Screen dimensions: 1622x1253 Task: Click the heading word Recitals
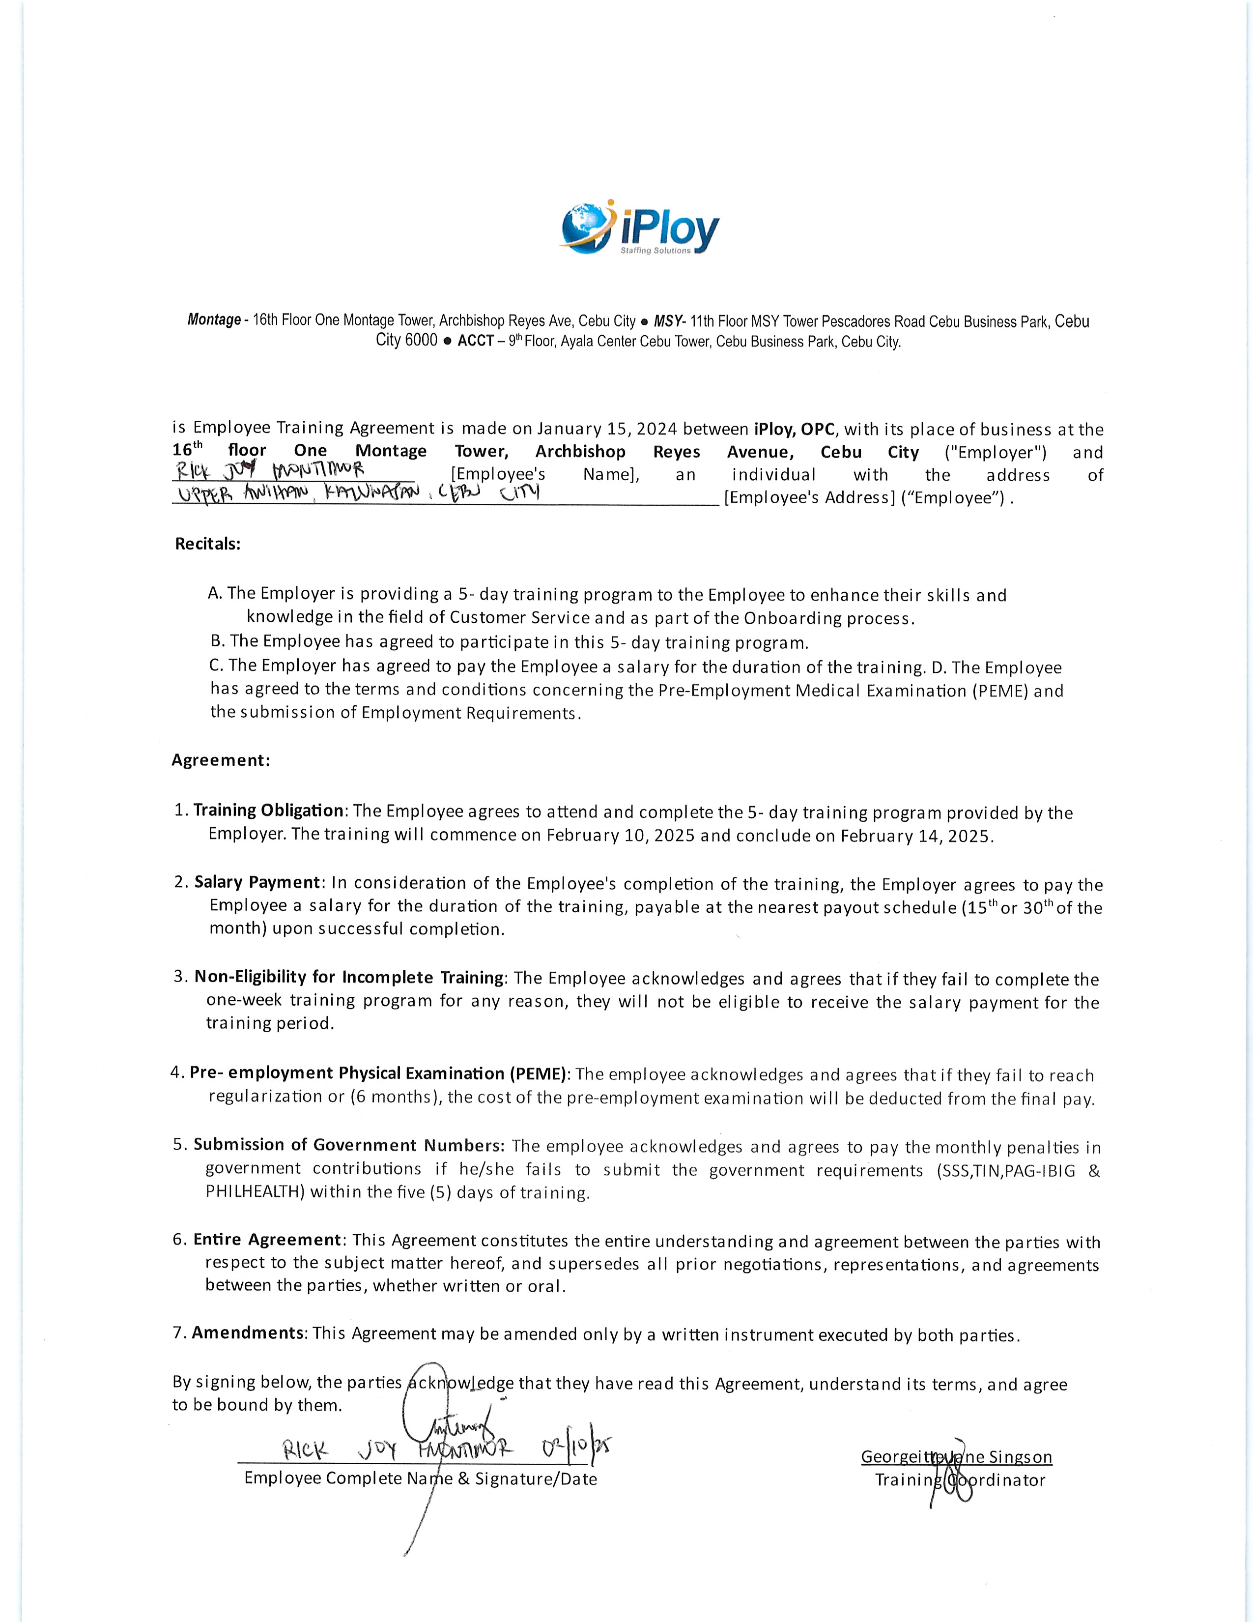pyautogui.click(x=208, y=544)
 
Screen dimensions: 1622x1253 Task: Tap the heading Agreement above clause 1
pyautogui.click(x=221, y=760)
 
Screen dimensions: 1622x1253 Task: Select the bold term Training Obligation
pyautogui.click(x=269, y=810)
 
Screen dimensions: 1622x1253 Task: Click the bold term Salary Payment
pyautogui.click(x=257, y=882)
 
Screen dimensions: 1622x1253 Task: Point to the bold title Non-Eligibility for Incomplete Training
pyautogui.click(x=349, y=977)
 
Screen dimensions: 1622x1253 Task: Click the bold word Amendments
pyautogui.click(x=248, y=1332)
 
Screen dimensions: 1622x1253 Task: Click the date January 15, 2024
pyautogui.click(x=606, y=429)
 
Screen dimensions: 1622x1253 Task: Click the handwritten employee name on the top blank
pyautogui.click(x=270, y=471)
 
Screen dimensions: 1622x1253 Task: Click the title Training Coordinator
pyautogui.click(x=959, y=1480)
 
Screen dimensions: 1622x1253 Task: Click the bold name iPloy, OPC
pyautogui.click(x=794, y=429)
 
